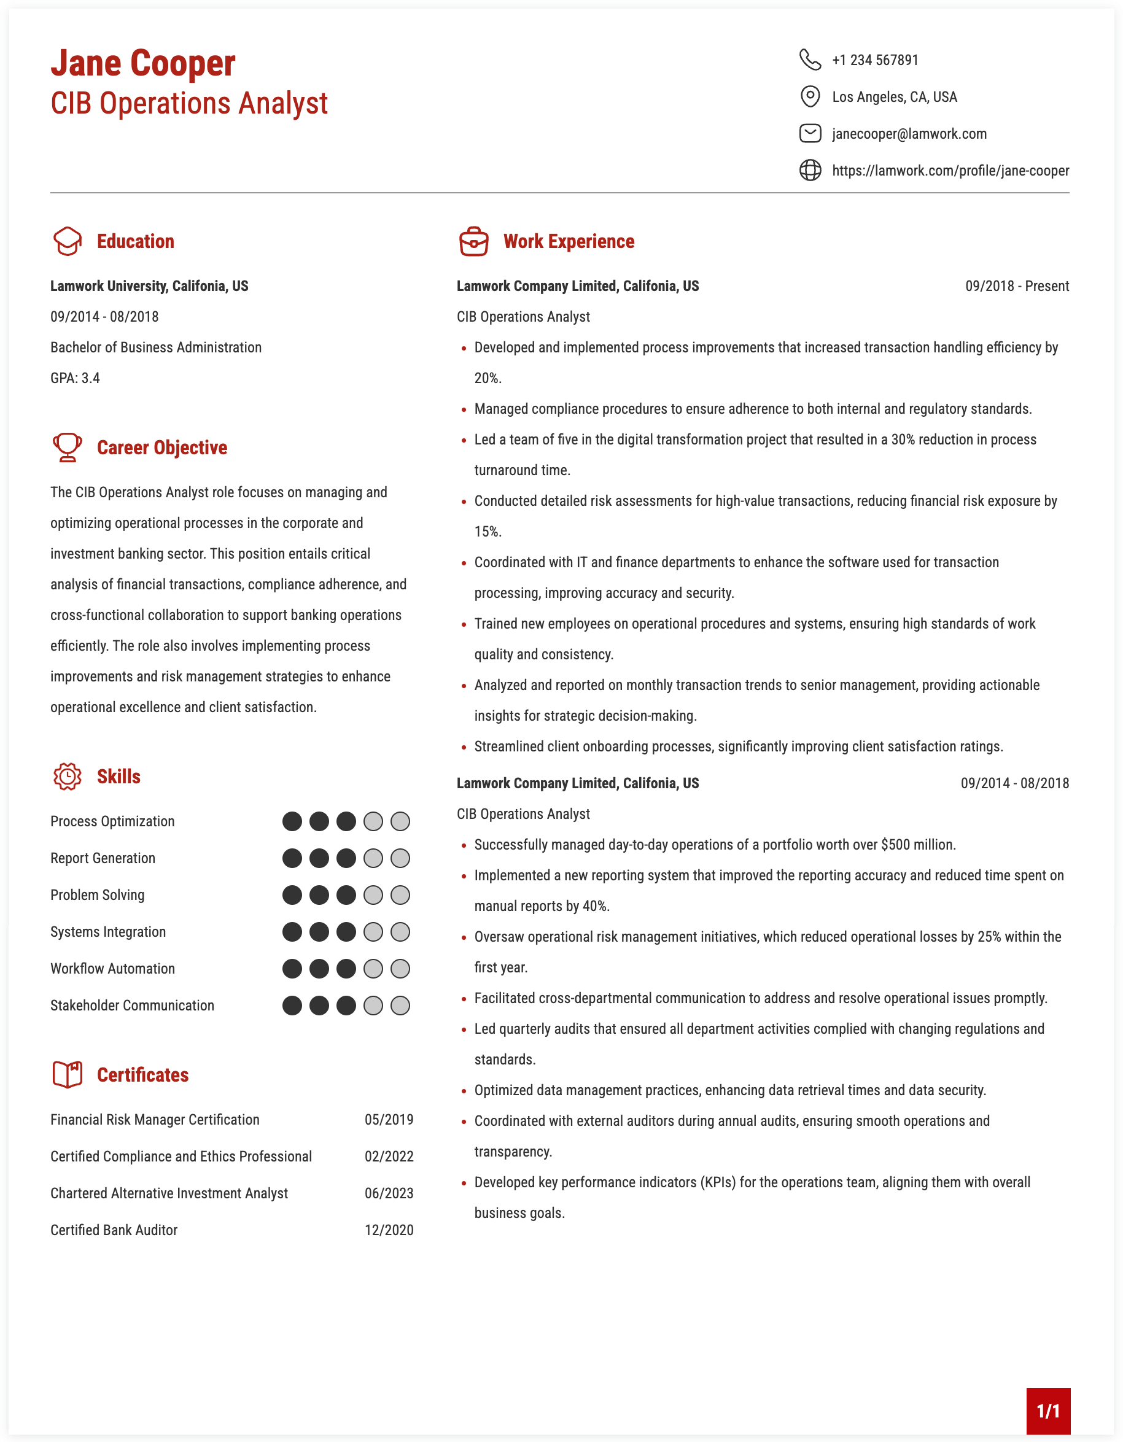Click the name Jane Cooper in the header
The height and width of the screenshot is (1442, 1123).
coord(142,63)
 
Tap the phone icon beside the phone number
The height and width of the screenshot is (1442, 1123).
coord(810,60)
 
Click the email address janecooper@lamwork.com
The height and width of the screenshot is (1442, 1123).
coord(909,134)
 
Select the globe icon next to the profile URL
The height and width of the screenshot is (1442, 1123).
coord(810,170)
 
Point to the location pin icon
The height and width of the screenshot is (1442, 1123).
coord(810,96)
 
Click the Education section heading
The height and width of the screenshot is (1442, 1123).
coord(135,242)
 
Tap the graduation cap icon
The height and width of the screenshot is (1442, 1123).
coord(68,241)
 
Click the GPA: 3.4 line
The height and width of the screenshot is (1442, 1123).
coord(76,378)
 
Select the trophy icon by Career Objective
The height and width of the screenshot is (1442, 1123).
coord(68,447)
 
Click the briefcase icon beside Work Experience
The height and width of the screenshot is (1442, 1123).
coord(473,241)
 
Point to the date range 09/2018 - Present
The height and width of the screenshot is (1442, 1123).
coord(1017,287)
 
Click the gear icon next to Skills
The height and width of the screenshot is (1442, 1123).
coord(68,777)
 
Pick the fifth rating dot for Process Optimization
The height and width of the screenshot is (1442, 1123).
coord(400,821)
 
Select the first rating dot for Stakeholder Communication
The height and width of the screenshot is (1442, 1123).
coord(292,1006)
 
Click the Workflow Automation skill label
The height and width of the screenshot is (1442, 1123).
coord(113,969)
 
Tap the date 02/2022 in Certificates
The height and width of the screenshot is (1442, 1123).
coord(389,1157)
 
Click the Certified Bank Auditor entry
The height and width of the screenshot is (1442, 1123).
coord(114,1230)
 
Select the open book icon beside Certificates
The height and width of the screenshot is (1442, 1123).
coord(68,1074)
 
